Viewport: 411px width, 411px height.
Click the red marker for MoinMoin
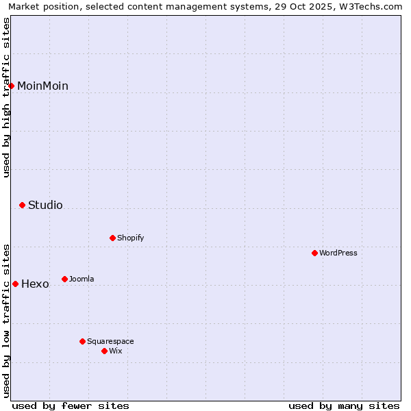(x=12, y=86)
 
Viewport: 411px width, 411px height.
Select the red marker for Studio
(x=23, y=205)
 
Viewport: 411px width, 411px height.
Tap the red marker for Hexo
(x=16, y=284)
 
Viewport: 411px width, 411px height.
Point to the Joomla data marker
(x=65, y=279)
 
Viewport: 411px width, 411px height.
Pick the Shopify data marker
(x=113, y=238)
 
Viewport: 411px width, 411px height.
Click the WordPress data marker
(x=315, y=253)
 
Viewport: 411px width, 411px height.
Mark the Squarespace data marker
(x=83, y=341)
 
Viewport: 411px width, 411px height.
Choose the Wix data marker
(x=105, y=351)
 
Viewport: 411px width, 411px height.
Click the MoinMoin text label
(x=42, y=86)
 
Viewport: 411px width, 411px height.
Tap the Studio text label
(x=45, y=205)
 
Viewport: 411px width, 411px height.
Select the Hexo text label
(x=35, y=284)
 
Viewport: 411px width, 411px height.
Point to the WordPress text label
(x=338, y=253)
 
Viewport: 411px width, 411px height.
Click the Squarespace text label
(x=110, y=341)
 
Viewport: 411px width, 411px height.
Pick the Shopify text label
(x=130, y=238)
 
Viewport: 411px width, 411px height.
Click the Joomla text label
(x=82, y=279)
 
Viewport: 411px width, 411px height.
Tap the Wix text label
(x=115, y=351)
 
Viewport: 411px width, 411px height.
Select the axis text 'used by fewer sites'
(x=71, y=406)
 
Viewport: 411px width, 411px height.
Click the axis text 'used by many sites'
(x=344, y=406)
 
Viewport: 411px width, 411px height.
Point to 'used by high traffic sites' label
(x=6, y=97)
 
